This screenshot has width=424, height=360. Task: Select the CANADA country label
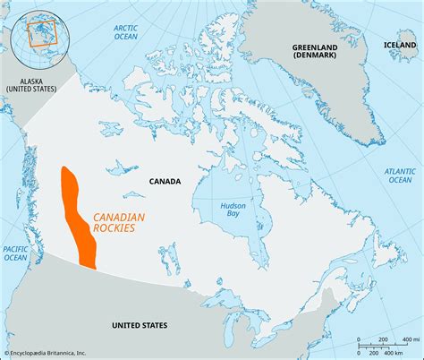click(x=165, y=182)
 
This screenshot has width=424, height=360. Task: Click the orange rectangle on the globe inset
click(x=41, y=34)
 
